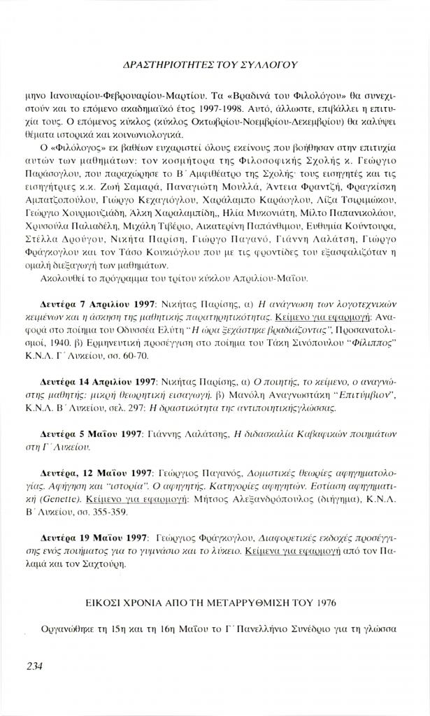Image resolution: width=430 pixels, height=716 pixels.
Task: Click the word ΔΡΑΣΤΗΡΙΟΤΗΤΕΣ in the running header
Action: (x=162, y=64)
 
